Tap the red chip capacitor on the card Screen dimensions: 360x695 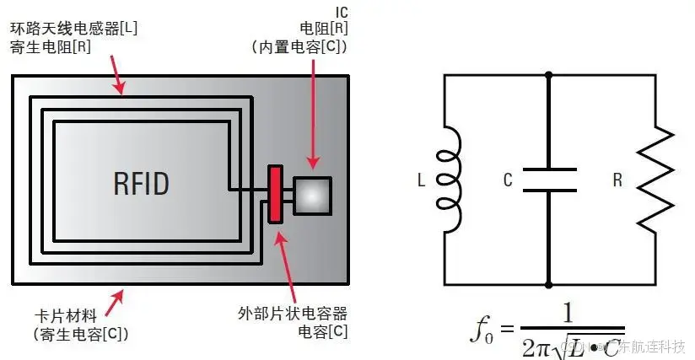275,195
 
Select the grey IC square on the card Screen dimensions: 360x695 311,196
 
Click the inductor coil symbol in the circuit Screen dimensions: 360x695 451,180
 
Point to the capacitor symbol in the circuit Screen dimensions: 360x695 549,180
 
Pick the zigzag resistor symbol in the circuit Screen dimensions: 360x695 655,180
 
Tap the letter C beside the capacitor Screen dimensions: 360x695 507,180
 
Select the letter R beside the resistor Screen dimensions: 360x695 617,180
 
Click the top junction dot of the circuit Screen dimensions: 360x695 549,74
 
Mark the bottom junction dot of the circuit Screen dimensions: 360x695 549,285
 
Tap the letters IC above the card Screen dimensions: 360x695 340,10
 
